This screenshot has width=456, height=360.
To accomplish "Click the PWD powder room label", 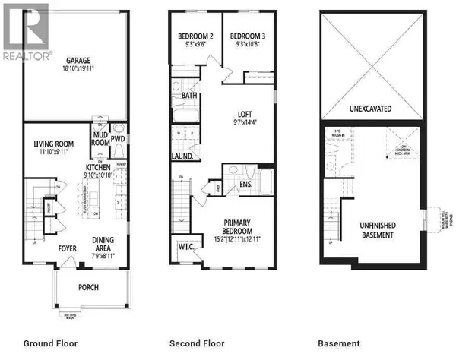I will (119, 139).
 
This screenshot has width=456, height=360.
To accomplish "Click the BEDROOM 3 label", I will (246, 36).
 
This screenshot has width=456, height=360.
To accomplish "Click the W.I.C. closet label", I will (185, 246).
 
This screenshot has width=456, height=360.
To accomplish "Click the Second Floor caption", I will (198, 343).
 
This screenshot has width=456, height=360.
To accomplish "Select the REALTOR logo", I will (26, 54).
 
